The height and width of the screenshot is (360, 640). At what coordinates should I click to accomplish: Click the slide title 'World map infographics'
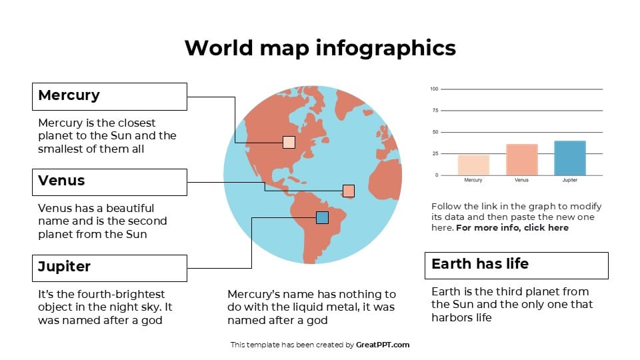(320, 48)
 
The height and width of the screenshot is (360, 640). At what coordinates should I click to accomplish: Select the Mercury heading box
(109, 96)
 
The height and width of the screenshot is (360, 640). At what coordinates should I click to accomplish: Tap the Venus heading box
(109, 181)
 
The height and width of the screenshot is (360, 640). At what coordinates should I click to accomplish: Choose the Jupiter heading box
(109, 267)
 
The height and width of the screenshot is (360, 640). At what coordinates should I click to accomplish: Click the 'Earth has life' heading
(516, 265)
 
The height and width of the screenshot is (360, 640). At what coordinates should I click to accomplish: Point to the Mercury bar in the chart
(473, 165)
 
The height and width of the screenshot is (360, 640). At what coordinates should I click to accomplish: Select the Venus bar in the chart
(522, 159)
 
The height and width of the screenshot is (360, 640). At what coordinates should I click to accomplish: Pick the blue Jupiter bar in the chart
(570, 158)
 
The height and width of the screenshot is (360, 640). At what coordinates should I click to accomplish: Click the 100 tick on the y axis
(434, 89)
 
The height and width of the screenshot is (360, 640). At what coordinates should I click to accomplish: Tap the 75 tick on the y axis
(435, 111)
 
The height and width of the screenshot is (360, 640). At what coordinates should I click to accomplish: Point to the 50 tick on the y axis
(435, 132)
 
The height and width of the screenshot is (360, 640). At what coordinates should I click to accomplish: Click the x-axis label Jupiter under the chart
(570, 180)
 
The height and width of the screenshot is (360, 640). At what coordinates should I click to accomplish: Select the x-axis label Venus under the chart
(522, 180)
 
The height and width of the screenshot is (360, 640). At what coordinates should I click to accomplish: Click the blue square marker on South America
(322, 217)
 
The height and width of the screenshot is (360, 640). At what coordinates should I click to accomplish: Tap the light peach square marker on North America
(289, 142)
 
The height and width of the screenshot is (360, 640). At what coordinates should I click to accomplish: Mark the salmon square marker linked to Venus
(348, 191)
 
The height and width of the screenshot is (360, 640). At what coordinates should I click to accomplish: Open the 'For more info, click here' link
(512, 227)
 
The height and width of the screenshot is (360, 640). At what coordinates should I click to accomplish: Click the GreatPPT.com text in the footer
(383, 345)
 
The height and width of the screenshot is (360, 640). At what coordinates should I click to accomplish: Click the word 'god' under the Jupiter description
(153, 320)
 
